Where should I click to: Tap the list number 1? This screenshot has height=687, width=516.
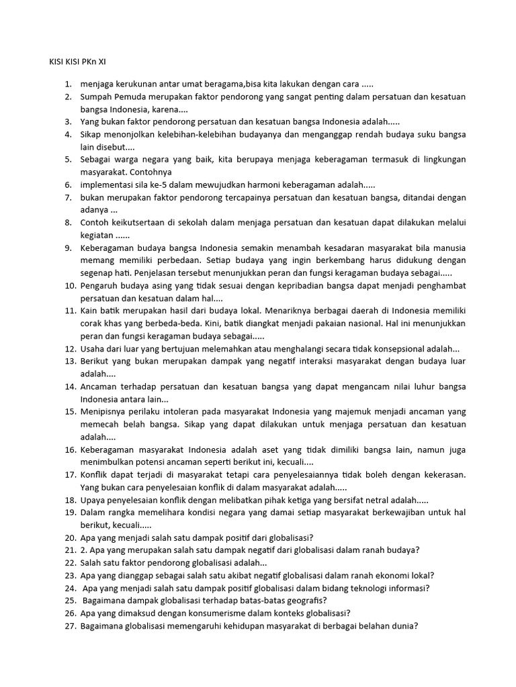(68, 85)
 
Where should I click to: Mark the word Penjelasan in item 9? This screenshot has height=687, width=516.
(161, 273)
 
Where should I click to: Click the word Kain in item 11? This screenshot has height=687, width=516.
(89, 311)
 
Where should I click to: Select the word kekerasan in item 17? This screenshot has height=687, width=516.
(441, 474)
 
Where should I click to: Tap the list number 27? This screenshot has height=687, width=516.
(70, 626)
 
